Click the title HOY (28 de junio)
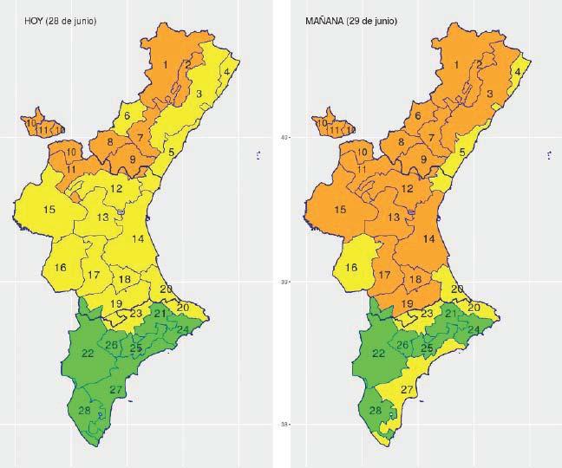tap(60, 20)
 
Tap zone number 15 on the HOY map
tap(49, 210)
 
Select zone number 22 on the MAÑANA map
tap(379, 353)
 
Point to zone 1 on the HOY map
tap(165, 65)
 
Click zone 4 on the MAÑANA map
tap(519, 73)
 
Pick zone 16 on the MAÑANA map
tap(352, 268)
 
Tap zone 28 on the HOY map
tap(84, 410)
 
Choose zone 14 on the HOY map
tap(137, 238)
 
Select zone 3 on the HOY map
tap(199, 94)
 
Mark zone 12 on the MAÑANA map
tap(407, 189)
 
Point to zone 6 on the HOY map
tap(127, 116)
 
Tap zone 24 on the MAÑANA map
tap(474, 329)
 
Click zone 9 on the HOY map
tap(133, 159)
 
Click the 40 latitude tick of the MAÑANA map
tap(282, 137)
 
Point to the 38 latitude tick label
tap(282, 424)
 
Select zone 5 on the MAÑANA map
tap(463, 153)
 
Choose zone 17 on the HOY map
tap(94, 275)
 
